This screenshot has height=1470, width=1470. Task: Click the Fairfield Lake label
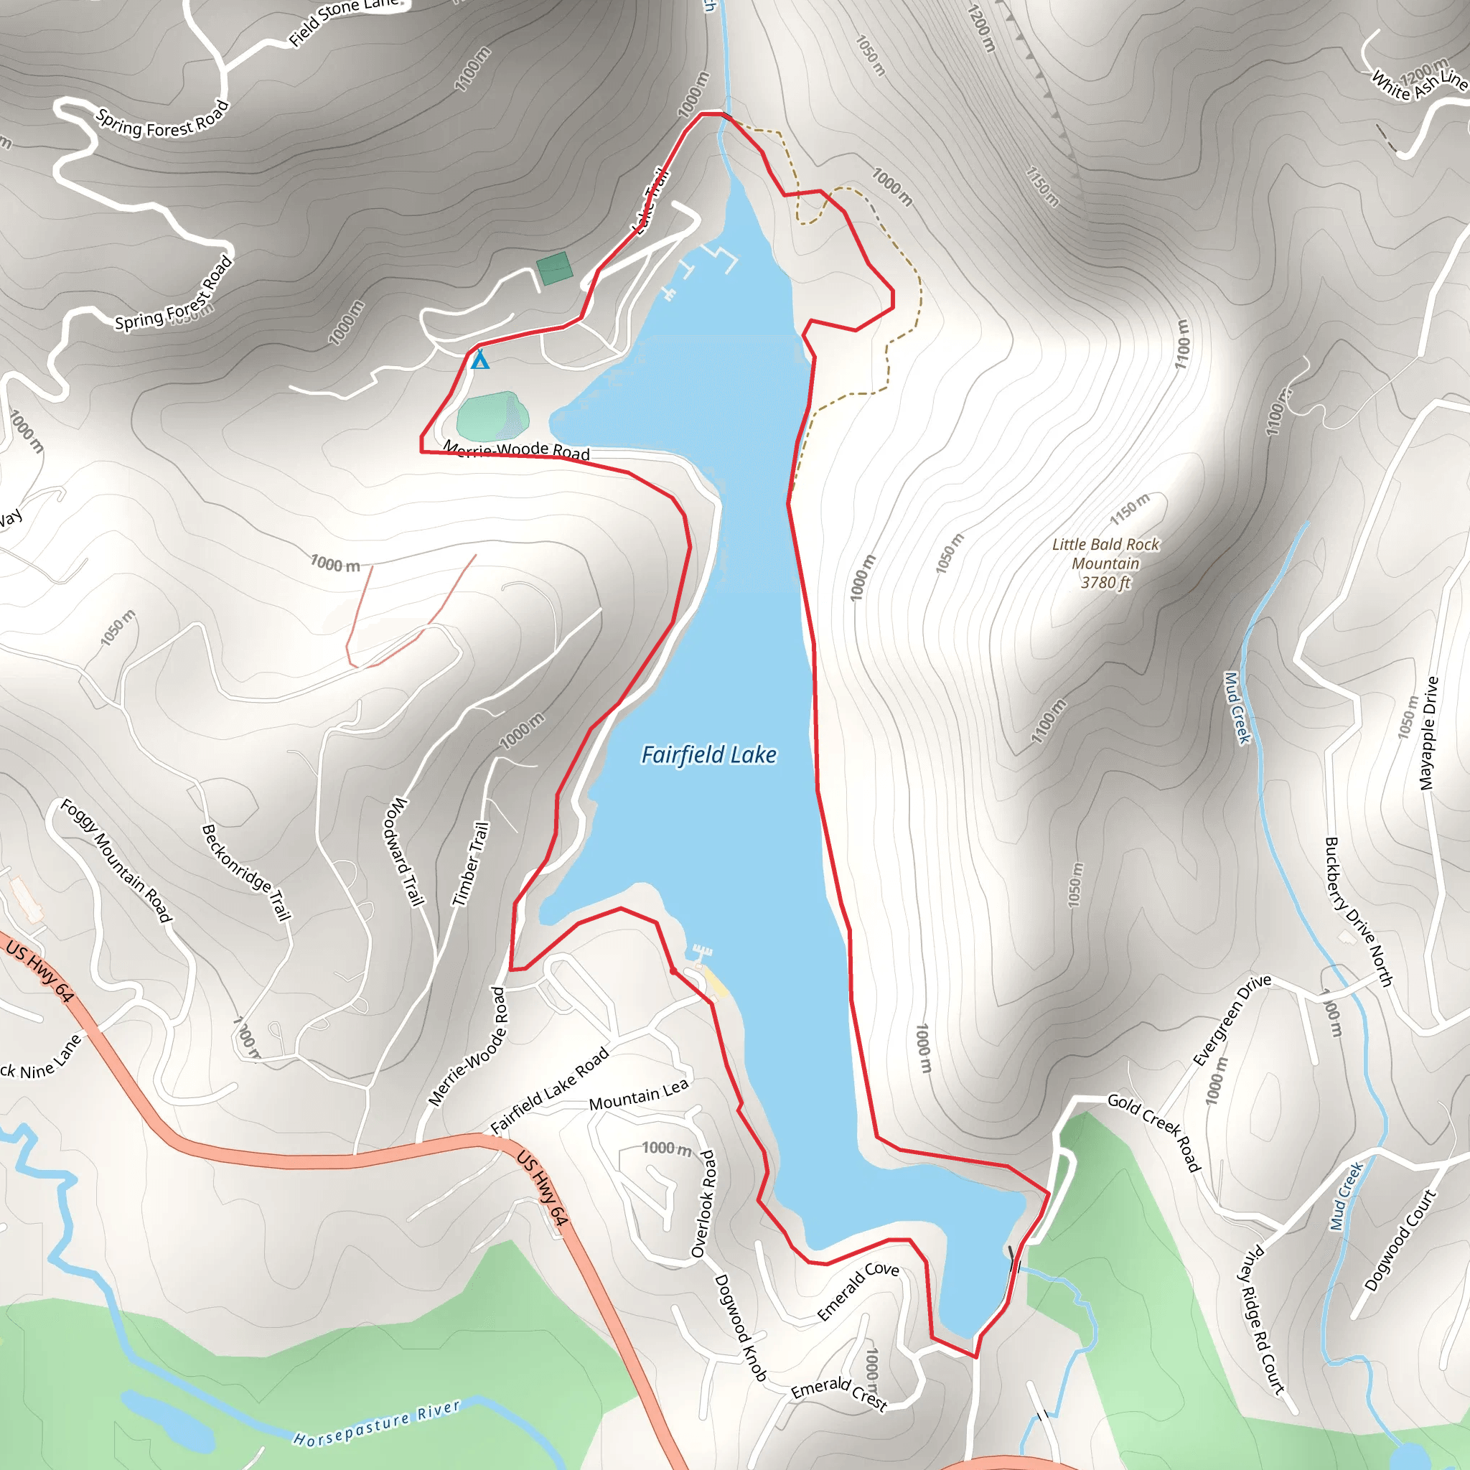coord(708,755)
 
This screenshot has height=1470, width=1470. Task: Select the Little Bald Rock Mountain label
coord(1105,563)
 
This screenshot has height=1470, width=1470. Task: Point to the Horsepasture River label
coord(377,1423)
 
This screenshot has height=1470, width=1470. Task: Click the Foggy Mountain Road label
coord(116,861)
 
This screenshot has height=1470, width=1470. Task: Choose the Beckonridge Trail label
coord(246,872)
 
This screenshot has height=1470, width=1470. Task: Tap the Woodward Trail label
coord(405,851)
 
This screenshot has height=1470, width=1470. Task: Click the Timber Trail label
coord(470,863)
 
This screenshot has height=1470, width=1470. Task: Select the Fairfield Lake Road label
coord(549,1090)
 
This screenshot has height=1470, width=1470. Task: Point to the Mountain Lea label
coord(638,1095)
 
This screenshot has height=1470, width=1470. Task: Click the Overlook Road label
coord(704,1204)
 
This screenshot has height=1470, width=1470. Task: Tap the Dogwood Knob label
coord(740,1329)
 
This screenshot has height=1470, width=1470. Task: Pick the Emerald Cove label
coord(858,1291)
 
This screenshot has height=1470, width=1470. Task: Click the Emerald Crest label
coord(838,1394)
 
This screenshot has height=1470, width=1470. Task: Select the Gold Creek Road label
coord(1153,1132)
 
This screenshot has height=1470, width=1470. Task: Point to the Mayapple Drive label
coord(1429,734)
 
